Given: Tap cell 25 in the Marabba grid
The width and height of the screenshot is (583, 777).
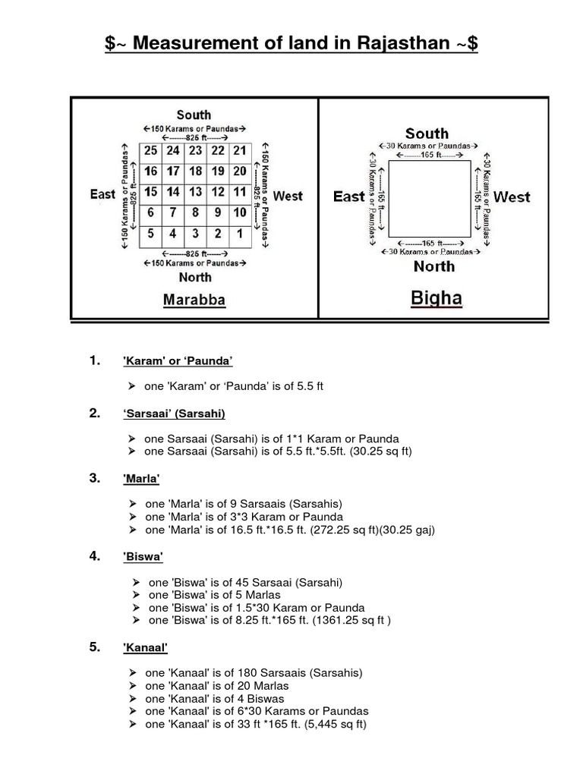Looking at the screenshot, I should tap(150, 150).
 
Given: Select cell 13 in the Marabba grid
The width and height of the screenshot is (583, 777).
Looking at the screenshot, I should tap(195, 192).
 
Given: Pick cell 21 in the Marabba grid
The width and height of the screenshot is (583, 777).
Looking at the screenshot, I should tap(239, 150).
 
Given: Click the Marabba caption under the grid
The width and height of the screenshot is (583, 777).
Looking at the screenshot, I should tap(194, 300).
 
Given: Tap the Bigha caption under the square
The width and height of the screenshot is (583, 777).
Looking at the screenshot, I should tap(436, 298).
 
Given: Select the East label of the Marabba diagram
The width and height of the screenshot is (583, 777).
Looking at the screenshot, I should tap(102, 194).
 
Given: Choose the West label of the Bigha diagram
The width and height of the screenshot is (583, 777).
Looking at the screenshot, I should tap(512, 197).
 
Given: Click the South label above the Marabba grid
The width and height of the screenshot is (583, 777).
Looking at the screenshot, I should tap(194, 115).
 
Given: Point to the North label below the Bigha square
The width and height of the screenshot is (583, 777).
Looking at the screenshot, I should tap(434, 266).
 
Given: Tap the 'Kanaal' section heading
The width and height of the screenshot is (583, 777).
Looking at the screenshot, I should tap(145, 649).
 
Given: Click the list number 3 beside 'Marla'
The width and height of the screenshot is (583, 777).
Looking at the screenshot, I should tap(94, 477).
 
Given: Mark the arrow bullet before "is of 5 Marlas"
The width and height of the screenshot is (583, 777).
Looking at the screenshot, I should tap(136, 595).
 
